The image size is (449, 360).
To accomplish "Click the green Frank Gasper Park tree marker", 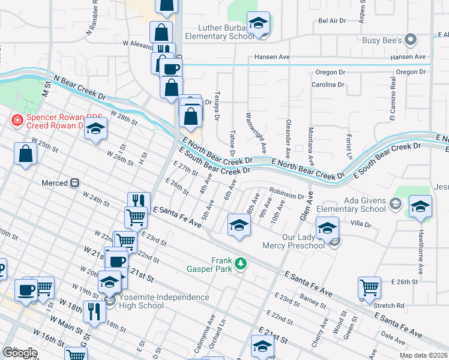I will pyautogui.click(x=240, y=263).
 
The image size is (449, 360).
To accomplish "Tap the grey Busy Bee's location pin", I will pyautogui.click(x=411, y=40).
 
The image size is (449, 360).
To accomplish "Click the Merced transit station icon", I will pyautogui.click(x=75, y=182).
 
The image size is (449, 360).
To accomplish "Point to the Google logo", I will pyautogui.click(x=20, y=353).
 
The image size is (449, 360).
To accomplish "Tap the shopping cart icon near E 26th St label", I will pyautogui.click(x=369, y=287).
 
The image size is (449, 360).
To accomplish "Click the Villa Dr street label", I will pyautogui.click(x=361, y=224).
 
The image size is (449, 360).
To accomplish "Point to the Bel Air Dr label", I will pyautogui.click(x=333, y=20).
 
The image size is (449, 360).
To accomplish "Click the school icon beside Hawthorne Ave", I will pyautogui.click(x=420, y=206).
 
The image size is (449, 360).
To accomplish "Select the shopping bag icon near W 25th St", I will pyautogui.click(x=26, y=154).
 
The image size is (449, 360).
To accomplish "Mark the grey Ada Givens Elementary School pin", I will pyautogui.click(x=396, y=205).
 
